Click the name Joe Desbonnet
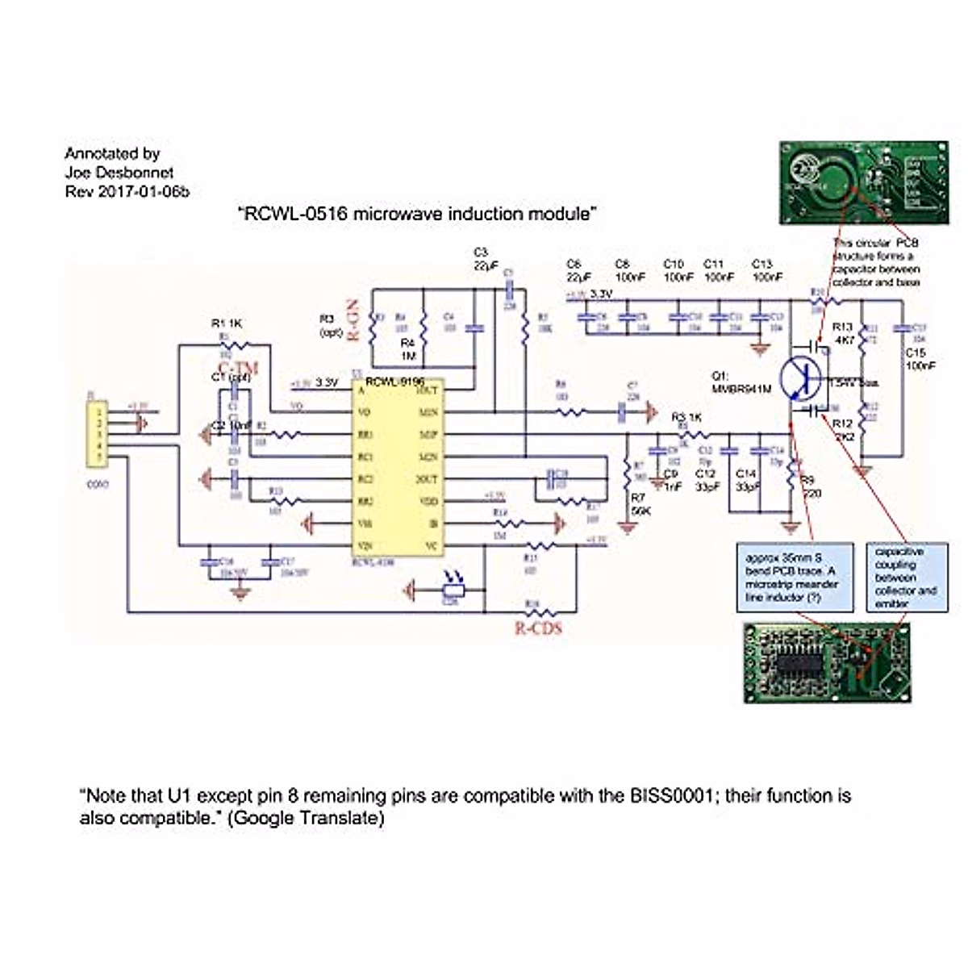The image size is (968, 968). (x=119, y=172)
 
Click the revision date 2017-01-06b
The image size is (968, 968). (x=141, y=191)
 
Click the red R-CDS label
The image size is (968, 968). (x=538, y=627)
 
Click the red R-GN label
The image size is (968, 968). (x=353, y=321)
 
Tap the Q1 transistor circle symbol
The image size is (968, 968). (x=801, y=378)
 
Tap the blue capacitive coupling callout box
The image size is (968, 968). (x=905, y=578)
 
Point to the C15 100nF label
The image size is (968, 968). (x=920, y=359)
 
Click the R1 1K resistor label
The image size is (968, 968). (x=227, y=323)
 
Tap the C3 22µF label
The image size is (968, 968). (x=481, y=259)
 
